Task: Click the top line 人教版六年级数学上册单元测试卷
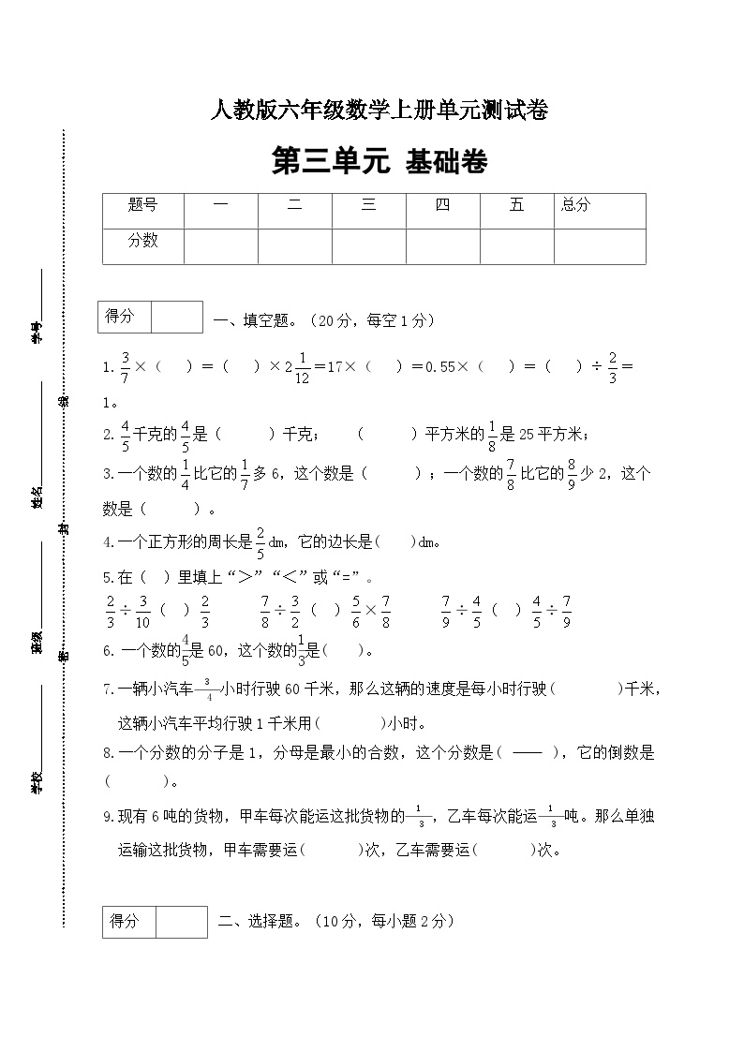379,111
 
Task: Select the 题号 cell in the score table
142,205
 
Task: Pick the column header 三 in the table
368,205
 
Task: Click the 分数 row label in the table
142,241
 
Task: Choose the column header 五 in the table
516,205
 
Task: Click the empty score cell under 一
220,245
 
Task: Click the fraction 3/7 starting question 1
124,366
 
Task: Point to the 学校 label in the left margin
37,783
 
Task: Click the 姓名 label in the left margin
37,496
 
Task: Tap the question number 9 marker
109,817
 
